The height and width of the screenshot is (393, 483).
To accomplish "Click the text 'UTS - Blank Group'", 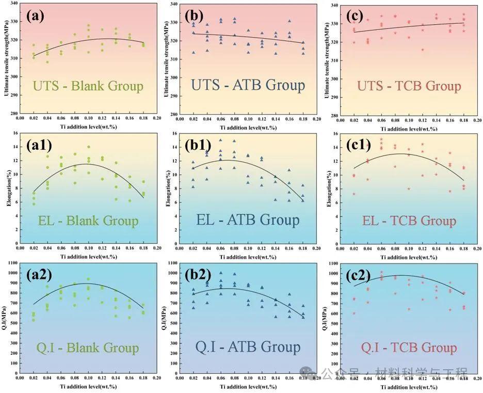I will pyautogui.click(x=88, y=86).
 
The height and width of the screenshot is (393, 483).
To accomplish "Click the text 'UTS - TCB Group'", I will pyautogui.click(x=409, y=86).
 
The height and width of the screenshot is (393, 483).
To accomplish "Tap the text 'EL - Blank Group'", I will pyautogui.click(x=88, y=221).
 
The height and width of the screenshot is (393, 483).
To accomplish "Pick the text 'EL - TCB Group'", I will pyautogui.click(x=409, y=221).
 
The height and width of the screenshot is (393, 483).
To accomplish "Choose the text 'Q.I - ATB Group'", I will pyautogui.click(x=248, y=347).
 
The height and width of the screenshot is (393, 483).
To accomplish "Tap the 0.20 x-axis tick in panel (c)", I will pyautogui.click(x=477, y=120).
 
